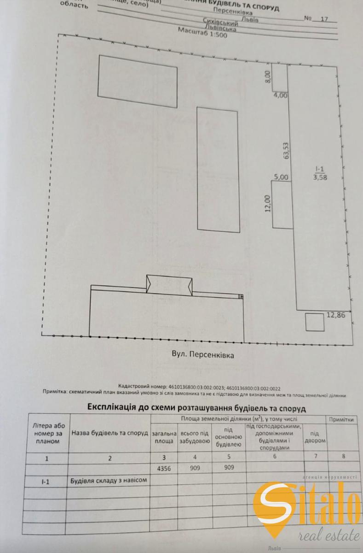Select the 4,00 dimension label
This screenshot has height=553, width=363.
pyautogui.click(x=280, y=96)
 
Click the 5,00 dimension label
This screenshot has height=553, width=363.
pyautogui.click(x=281, y=176)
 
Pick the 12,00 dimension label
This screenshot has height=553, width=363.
pyautogui.click(x=268, y=203)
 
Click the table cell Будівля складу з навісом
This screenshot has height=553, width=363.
pyautogui.click(x=109, y=480)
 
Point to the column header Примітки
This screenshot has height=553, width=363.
pyautogui.click(x=341, y=419)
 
